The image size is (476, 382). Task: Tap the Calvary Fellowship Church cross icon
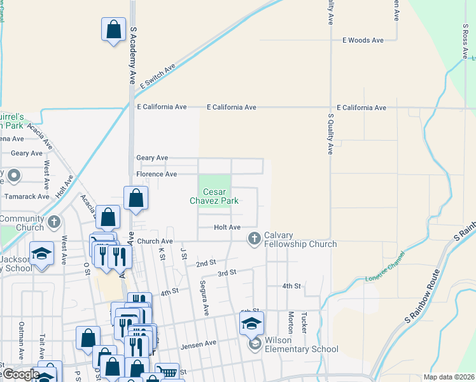254,238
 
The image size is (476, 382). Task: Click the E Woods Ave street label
363,40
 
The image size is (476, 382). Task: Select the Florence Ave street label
157,174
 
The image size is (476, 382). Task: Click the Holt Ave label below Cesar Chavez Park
227,227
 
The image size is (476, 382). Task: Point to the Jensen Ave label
199,343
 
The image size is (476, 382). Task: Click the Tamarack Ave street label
27,196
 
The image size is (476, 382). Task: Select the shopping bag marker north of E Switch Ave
113,30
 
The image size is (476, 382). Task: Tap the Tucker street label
304,323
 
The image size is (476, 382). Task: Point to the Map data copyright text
449,377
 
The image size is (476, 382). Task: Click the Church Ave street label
155,241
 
